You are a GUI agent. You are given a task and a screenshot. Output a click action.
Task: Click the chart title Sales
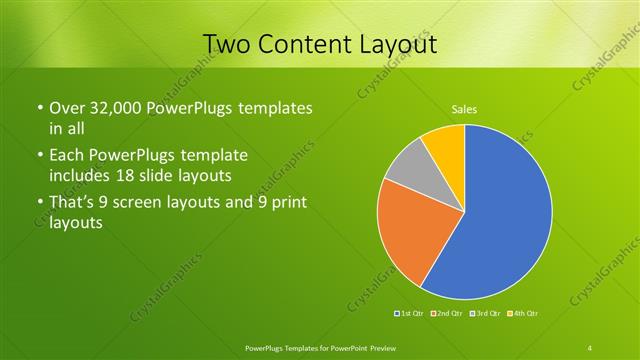click(464, 108)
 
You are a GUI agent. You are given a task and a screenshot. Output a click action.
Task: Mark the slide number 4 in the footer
click(590, 347)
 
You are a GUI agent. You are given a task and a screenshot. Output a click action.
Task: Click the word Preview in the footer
click(381, 347)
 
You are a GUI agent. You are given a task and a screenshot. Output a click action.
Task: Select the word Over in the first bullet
click(65, 108)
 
